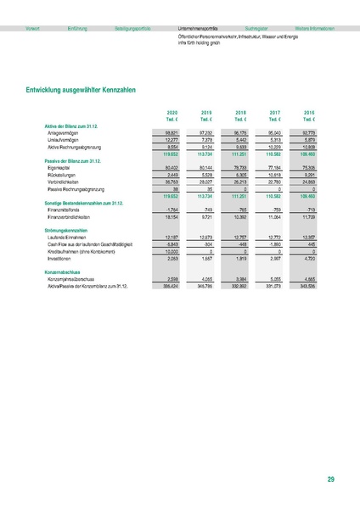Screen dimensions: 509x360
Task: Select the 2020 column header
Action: [171, 112]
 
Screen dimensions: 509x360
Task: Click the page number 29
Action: [330, 480]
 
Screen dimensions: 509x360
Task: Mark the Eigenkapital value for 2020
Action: [171, 168]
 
